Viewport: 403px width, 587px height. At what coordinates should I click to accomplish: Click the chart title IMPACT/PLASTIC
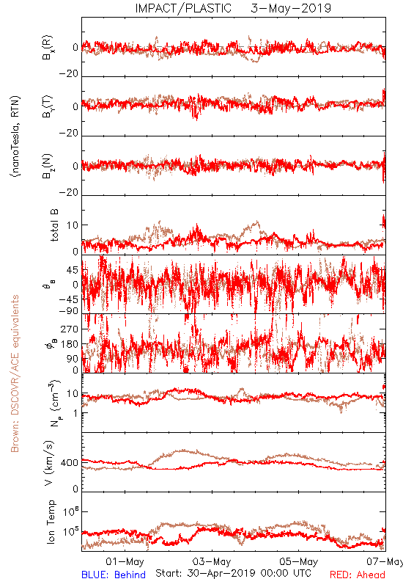click(x=183, y=8)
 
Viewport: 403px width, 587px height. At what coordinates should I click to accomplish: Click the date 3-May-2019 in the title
click(x=291, y=8)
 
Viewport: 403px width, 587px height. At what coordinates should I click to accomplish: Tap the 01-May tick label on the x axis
click(x=125, y=561)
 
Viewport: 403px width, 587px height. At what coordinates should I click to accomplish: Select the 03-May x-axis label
click(x=212, y=561)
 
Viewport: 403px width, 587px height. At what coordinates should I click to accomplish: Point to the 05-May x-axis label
click(x=299, y=561)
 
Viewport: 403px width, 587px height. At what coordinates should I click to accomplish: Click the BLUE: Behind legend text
click(x=114, y=575)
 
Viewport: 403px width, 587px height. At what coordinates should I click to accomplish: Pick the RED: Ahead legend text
click(x=358, y=575)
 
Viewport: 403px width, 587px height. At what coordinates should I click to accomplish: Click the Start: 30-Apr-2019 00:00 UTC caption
click(x=233, y=573)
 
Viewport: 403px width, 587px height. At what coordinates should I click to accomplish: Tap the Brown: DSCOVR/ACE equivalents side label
click(x=15, y=373)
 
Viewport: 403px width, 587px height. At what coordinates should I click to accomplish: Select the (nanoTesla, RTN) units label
click(x=15, y=136)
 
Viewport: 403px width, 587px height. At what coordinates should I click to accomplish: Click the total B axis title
click(x=54, y=225)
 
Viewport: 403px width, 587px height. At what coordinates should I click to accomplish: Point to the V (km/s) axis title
click(x=49, y=463)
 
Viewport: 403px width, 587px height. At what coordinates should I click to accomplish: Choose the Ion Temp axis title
click(x=51, y=522)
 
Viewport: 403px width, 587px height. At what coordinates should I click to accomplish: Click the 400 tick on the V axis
click(x=70, y=463)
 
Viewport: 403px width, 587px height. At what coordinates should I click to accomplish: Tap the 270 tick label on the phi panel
click(x=70, y=329)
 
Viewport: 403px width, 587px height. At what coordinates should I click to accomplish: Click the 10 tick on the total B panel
click(x=73, y=225)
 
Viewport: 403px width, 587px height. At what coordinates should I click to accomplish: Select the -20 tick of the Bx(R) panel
click(x=69, y=74)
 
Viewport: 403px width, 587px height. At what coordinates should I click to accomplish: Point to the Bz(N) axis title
click(x=48, y=166)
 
